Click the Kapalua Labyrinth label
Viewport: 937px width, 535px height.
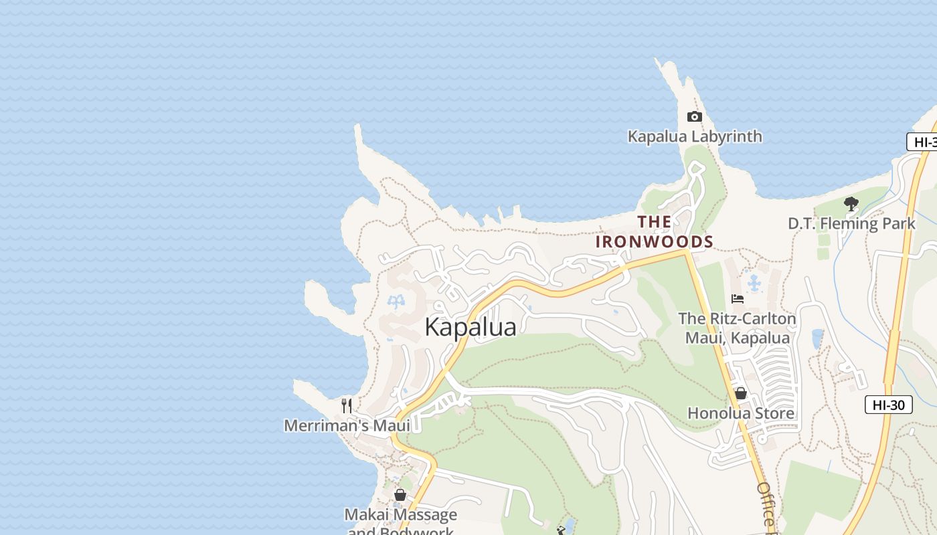point(695,136)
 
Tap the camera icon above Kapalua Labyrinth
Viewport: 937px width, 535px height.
point(694,117)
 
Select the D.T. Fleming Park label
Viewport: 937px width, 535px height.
point(851,223)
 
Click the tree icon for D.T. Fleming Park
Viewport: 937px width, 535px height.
point(851,203)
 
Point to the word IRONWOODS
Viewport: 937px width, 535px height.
point(655,241)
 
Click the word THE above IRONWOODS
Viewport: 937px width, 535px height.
point(655,222)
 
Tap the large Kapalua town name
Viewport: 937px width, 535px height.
point(471,327)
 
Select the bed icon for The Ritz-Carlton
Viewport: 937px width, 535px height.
point(738,299)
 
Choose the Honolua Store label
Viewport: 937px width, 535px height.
point(741,413)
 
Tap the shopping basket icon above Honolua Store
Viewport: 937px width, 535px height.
point(740,393)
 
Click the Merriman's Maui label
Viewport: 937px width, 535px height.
point(347,425)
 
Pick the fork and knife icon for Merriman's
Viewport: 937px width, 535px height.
point(347,405)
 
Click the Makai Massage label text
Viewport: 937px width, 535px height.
point(400,514)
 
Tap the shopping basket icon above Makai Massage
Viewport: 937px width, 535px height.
point(400,495)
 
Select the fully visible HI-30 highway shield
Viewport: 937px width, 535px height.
point(888,405)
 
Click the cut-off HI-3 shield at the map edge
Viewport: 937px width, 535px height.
point(923,142)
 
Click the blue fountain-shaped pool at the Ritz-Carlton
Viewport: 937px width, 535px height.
point(754,283)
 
